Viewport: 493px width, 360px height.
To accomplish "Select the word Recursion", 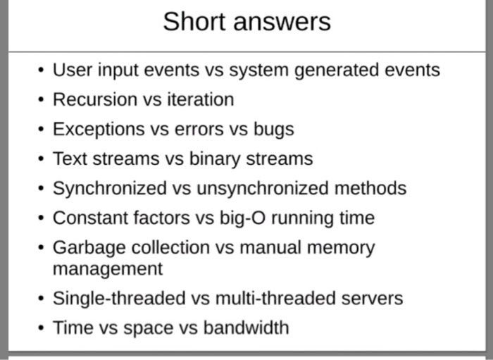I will pyautogui.click(x=96, y=99).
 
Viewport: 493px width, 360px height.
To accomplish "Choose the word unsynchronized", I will pyautogui.click(x=268, y=189).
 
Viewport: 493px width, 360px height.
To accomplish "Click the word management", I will pyautogui.click(x=107, y=269).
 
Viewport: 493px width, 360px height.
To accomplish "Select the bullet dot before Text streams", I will pyautogui.click(x=41, y=159).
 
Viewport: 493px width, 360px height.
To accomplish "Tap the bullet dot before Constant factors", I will pyautogui.click(x=41, y=218).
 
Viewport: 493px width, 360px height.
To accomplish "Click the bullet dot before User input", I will pyautogui.click(x=41, y=70).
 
